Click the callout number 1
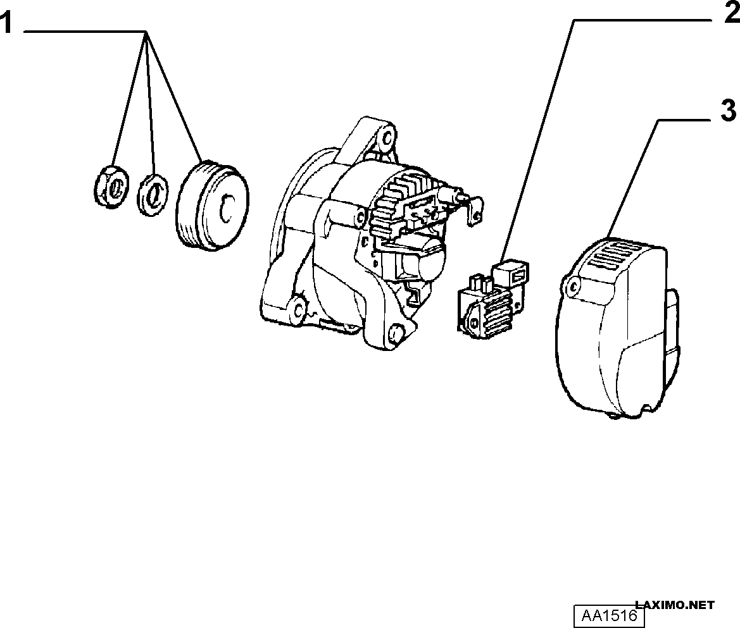point(6,23)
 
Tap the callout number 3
point(729,111)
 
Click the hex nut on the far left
point(112,187)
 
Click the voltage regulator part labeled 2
point(493,299)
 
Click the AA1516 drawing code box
point(609,615)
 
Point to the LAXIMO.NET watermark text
point(675,605)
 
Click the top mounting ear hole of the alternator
point(387,138)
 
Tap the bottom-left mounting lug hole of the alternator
point(298,309)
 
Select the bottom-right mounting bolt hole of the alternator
point(395,334)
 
